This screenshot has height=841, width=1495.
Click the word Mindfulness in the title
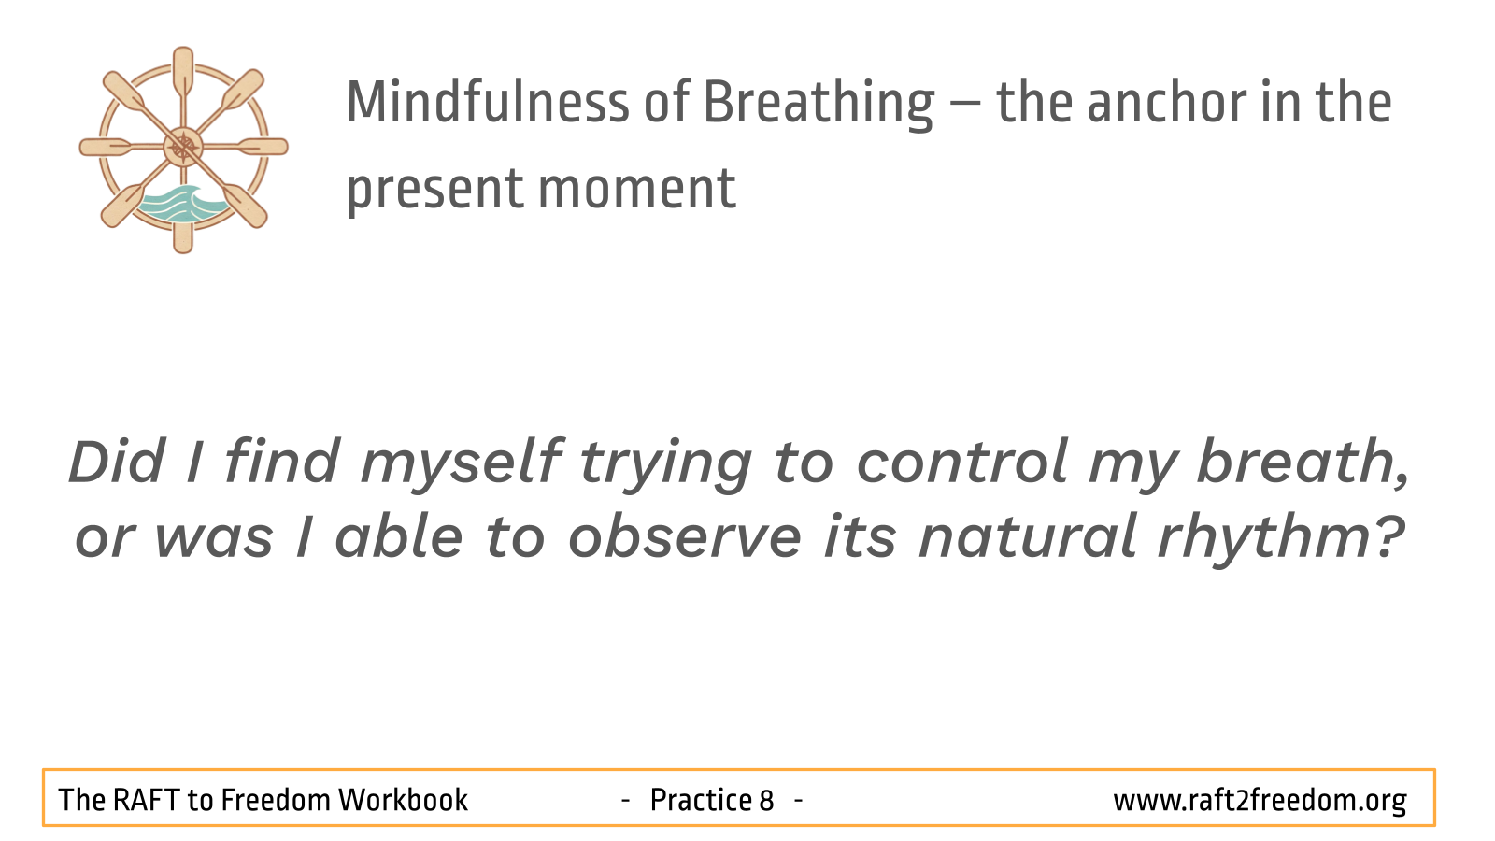pyautogui.click(x=487, y=102)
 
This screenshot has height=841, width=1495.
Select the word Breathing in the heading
pyautogui.click(x=819, y=105)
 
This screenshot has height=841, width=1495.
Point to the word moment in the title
pyautogui.click(x=636, y=189)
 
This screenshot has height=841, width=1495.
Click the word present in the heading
pyautogui.click(x=435, y=192)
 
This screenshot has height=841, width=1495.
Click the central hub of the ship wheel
pyautogui.click(x=183, y=147)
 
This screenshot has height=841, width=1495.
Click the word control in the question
pyautogui.click(x=961, y=462)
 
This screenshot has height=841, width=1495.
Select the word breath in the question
pyautogui.click(x=1303, y=462)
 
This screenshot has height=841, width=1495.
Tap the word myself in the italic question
pyautogui.click(x=462, y=464)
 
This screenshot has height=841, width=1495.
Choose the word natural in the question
pyautogui.click(x=1028, y=536)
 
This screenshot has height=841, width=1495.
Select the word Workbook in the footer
pyautogui.click(x=403, y=800)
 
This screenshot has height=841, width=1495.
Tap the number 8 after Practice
pyautogui.click(x=766, y=800)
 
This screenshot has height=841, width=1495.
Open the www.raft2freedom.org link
pyautogui.click(x=1260, y=801)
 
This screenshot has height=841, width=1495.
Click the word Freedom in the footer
pyautogui.click(x=275, y=800)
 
